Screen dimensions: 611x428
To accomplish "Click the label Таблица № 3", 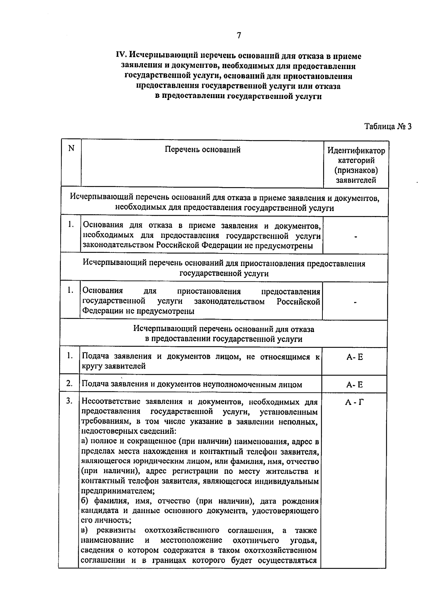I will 388,126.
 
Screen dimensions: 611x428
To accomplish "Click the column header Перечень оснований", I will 202,150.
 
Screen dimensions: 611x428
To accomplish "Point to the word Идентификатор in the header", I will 356,151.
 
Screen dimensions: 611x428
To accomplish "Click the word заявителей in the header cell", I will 356,180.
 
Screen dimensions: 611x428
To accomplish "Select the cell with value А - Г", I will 355,402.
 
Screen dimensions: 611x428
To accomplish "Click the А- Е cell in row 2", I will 355,385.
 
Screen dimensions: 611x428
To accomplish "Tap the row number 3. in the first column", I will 70,401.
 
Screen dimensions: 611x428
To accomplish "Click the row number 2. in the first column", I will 70,384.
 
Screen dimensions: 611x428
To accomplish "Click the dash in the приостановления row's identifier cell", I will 355,302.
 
